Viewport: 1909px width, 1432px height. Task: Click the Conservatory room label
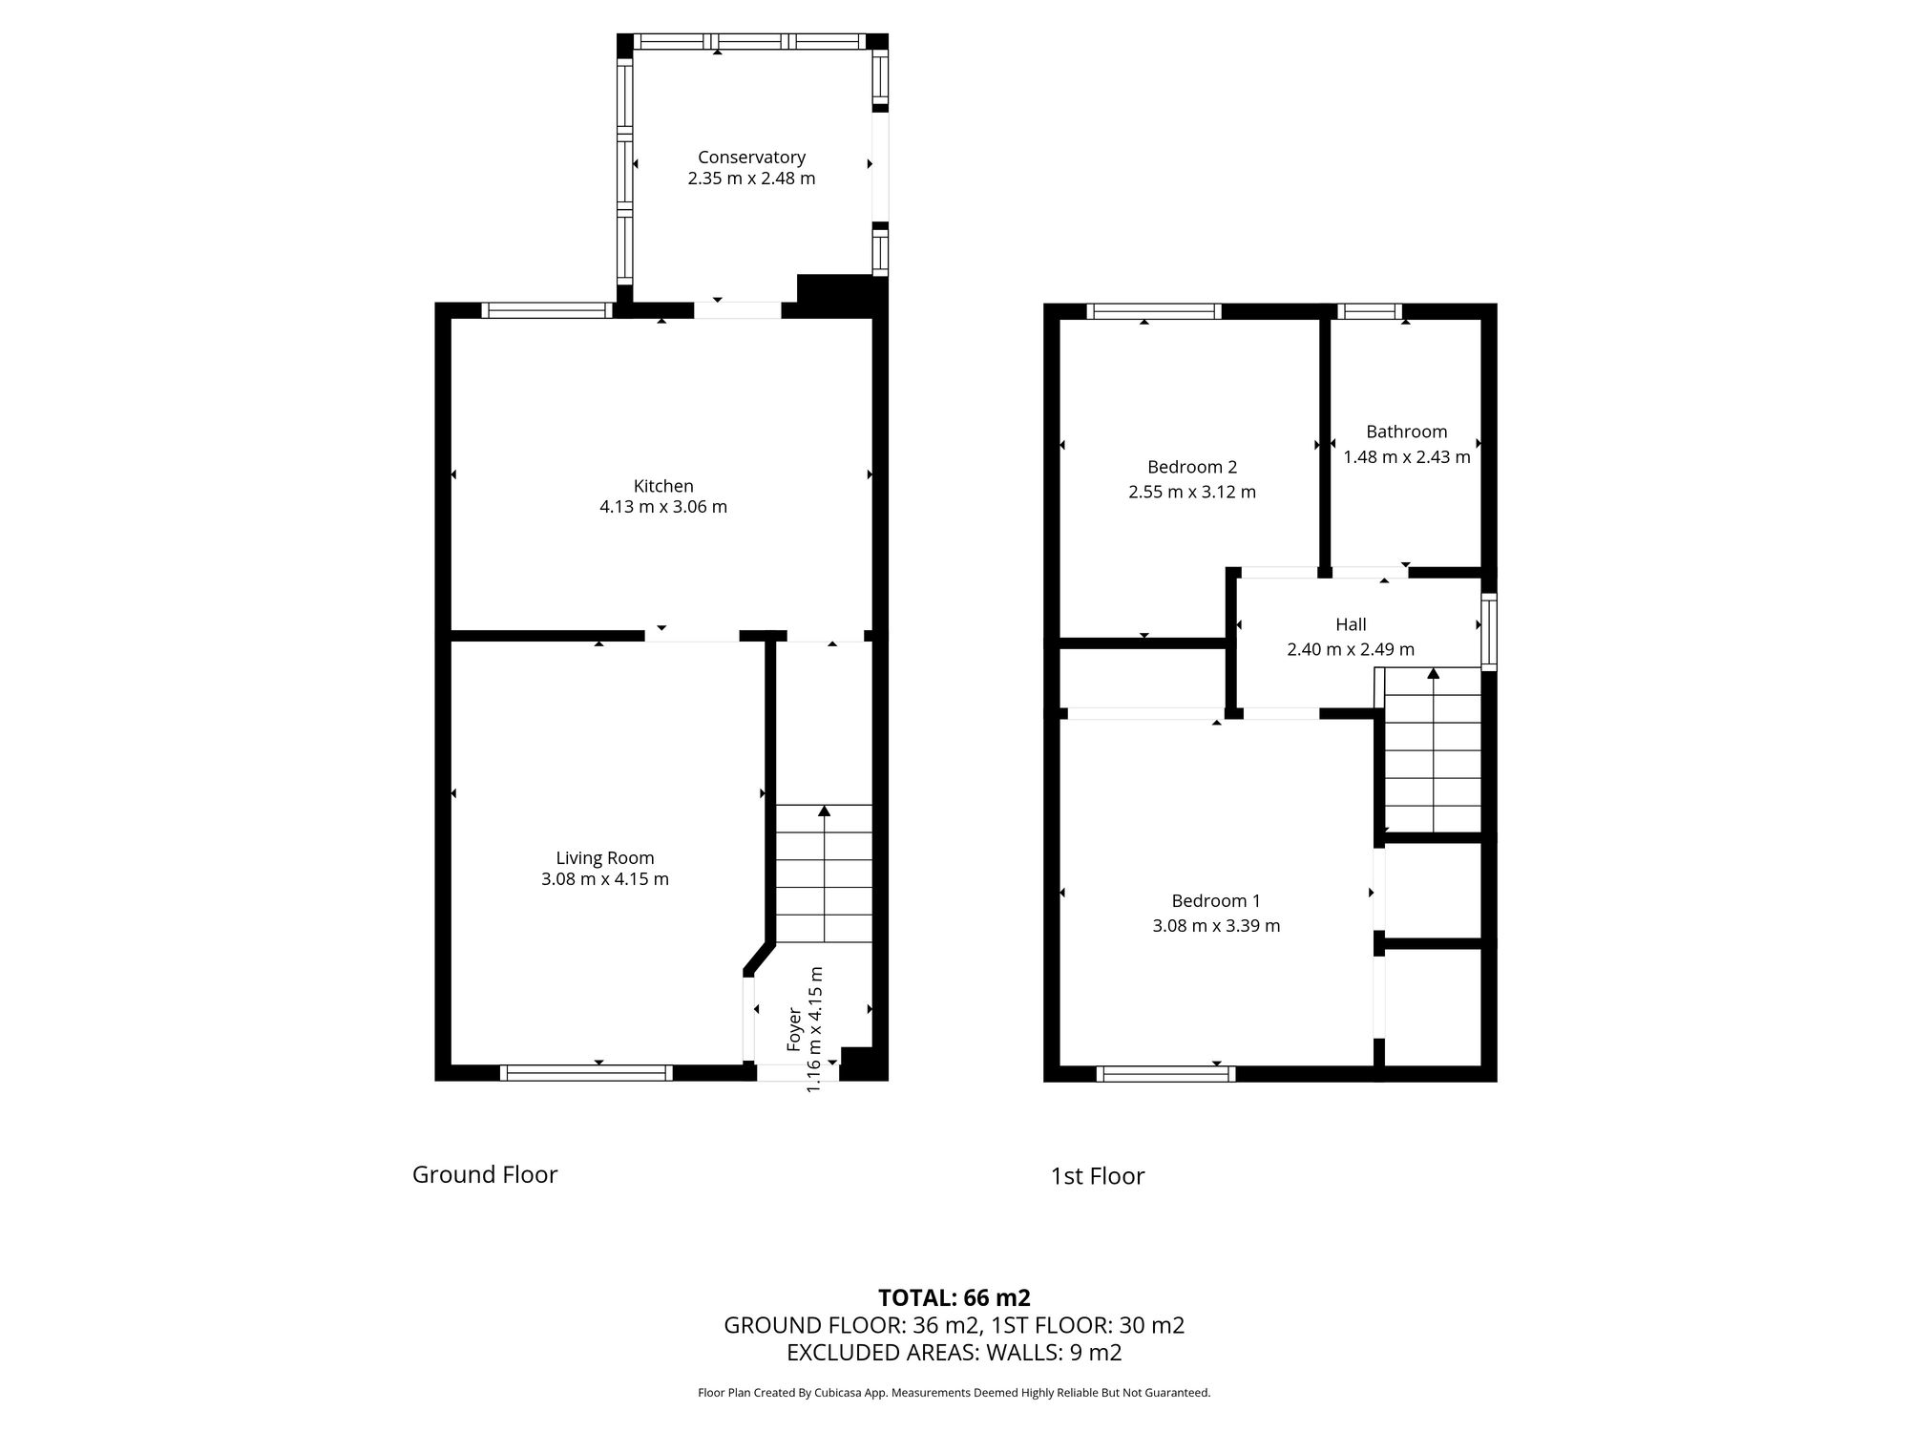tap(751, 158)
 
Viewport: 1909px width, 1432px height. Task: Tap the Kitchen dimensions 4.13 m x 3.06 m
tap(663, 507)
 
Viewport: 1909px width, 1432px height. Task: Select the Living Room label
tap(605, 858)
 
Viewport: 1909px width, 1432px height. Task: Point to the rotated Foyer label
tap(794, 1029)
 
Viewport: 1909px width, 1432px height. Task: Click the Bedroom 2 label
tap(1192, 467)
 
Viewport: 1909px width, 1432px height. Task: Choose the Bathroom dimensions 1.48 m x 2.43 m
tap(1406, 457)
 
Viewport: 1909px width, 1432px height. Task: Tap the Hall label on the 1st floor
tap(1351, 624)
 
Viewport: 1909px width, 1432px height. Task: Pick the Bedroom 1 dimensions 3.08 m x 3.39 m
tap(1216, 925)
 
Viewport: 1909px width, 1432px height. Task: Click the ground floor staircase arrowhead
tap(824, 811)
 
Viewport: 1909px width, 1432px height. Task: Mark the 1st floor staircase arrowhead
tap(1433, 673)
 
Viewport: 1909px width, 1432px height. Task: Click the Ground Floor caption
tap(485, 1174)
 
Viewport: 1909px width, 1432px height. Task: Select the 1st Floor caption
tap(1098, 1176)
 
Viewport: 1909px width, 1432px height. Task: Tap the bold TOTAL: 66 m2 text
tap(954, 1297)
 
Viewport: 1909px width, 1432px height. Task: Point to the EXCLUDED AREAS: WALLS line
tap(954, 1352)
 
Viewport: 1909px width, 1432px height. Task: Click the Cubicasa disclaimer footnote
tap(954, 1393)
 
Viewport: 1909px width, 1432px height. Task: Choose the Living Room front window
tap(586, 1073)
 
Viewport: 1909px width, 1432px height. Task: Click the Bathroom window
tap(1370, 311)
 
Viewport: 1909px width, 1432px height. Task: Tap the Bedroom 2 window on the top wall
tap(1154, 311)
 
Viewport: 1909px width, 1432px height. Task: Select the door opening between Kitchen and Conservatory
tap(737, 310)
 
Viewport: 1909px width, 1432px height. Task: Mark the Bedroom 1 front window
tap(1165, 1074)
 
